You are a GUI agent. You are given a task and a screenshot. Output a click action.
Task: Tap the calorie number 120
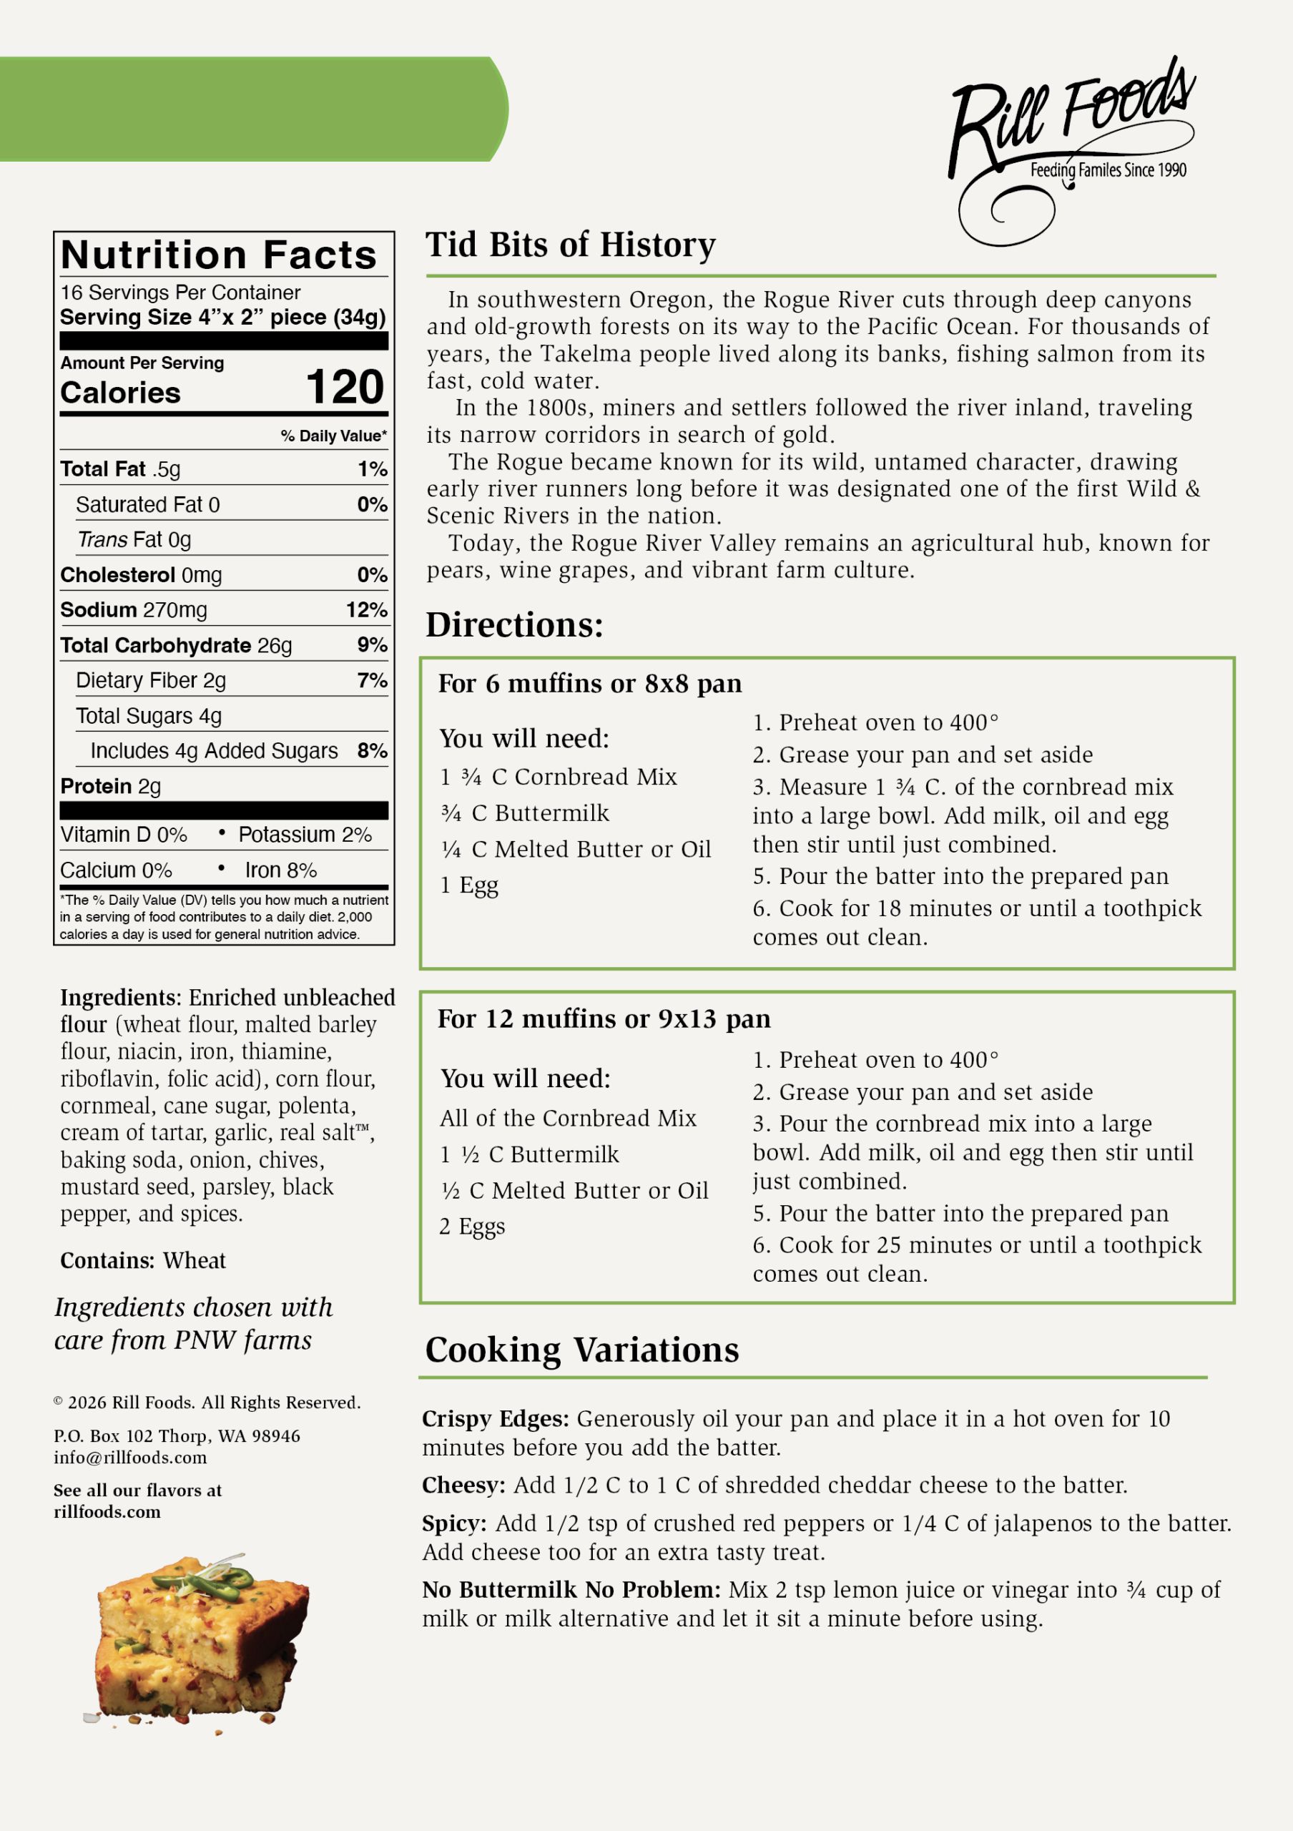[345, 388]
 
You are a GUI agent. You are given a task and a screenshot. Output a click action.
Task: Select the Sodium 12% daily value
[366, 610]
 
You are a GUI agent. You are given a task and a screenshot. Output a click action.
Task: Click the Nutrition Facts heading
[218, 255]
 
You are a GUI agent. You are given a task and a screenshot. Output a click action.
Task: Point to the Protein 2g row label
[111, 786]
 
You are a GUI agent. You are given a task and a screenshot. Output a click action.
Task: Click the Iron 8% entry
[280, 870]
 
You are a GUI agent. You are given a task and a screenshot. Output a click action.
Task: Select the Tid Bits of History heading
[570, 245]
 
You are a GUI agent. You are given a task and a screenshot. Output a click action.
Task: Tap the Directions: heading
[514, 624]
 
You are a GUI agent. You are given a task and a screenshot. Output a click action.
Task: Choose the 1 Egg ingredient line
[470, 885]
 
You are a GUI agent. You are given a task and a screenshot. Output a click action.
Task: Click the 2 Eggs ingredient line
[472, 1226]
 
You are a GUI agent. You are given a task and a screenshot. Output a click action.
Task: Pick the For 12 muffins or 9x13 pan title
[604, 1018]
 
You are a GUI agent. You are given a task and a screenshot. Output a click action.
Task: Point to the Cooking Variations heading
[582, 1350]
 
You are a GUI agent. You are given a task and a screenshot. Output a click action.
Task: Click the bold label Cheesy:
[463, 1485]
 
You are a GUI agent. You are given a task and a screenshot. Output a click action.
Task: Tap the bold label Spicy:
[453, 1523]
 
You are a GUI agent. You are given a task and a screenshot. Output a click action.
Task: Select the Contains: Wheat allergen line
[143, 1261]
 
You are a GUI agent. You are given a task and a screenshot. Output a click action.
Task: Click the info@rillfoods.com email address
[130, 1458]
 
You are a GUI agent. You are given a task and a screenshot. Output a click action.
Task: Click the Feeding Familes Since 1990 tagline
[1108, 170]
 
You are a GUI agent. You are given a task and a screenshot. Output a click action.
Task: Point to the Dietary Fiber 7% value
[371, 680]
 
